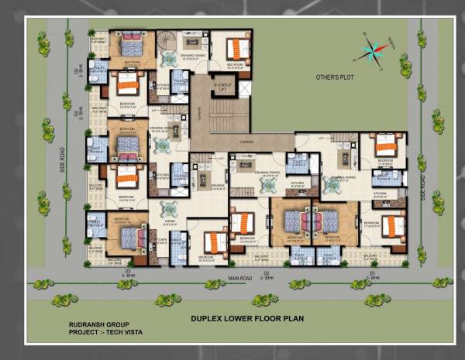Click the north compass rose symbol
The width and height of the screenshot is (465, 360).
click(x=371, y=51)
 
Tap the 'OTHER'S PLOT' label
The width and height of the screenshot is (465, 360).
click(x=334, y=78)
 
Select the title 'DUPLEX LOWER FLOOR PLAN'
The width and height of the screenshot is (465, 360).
click(x=247, y=317)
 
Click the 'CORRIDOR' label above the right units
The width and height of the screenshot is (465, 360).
click(x=246, y=142)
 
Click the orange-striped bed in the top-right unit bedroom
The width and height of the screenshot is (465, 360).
click(x=236, y=50)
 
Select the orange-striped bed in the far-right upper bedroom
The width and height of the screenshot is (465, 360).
click(x=385, y=145)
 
